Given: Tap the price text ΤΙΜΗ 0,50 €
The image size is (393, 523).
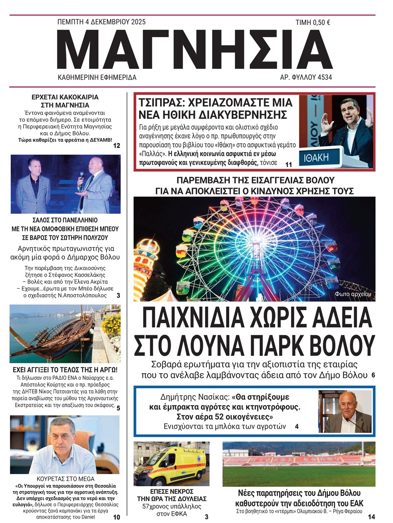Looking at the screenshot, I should click(x=313, y=23).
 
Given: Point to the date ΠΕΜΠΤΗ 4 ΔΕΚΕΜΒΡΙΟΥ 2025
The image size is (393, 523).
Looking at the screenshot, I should click(x=102, y=22).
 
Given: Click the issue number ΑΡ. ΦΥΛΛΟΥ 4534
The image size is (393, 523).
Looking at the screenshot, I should click(x=306, y=77).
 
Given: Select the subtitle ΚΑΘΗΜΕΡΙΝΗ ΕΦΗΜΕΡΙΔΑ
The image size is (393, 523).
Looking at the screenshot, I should click(x=97, y=77).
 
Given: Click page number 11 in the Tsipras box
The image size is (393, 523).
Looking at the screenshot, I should click(x=288, y=165).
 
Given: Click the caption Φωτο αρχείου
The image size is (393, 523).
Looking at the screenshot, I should click(x=355, y=294).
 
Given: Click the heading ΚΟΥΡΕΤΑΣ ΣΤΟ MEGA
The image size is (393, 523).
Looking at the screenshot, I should click(x=65, y=478).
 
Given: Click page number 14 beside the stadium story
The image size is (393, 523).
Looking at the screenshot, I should click(x=371, y=517).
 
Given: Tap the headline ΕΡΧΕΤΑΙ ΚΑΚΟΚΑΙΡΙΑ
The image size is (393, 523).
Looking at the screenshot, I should click(x=65, y=97).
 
